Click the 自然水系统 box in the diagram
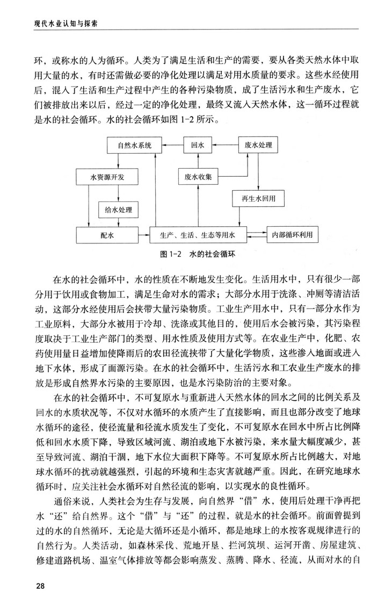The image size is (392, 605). (129, 145)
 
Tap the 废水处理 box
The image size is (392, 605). (257, 145)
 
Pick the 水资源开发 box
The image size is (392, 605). (107, 176)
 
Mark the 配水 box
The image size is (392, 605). (107, 234)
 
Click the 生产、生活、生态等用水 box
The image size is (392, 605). (197, 234)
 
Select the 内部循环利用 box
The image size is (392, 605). (292, 234)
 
